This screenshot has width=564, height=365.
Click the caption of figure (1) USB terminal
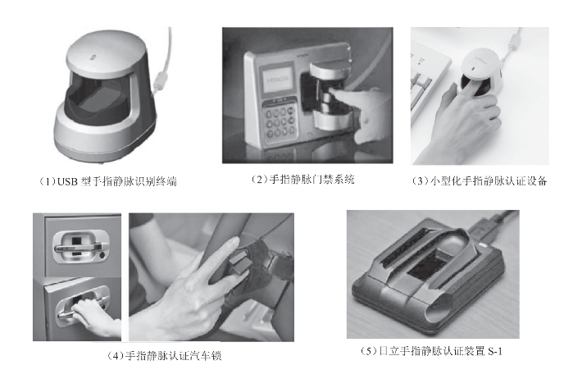pos(108,181)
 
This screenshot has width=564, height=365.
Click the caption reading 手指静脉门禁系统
pos(302,179)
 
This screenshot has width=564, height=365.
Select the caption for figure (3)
pos(480,180)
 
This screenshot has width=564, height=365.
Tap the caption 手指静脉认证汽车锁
pos(165,356)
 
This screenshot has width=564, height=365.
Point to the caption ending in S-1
pos(431,350)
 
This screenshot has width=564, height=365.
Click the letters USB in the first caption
pos(67,181)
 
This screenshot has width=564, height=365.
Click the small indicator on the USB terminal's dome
pos(93,57)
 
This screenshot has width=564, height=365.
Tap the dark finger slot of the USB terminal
pos(98,97)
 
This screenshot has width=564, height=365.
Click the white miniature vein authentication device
pos(482,72)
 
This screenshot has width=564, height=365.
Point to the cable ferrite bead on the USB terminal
pos(159,82)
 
